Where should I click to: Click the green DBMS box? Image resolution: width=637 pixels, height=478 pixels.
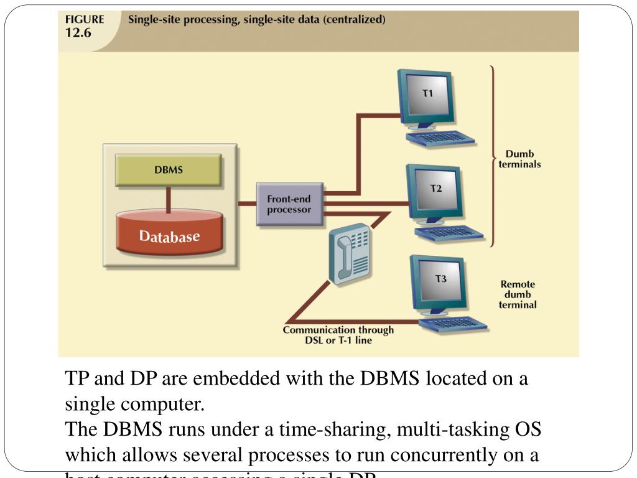[169, 169]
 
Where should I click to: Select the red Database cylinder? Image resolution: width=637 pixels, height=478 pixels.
[169, 236]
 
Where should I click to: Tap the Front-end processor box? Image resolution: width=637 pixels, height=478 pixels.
[289, 204]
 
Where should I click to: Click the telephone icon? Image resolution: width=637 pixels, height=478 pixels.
[349, 255]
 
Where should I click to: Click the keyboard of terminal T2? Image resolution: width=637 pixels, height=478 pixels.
[450, 233]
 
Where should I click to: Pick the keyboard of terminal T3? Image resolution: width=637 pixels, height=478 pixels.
[453, 324]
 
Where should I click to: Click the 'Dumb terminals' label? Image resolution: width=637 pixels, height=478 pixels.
[519, 159]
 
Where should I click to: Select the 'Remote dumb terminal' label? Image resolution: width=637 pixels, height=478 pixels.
[518, 294]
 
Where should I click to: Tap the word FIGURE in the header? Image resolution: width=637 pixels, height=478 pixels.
[85, 19]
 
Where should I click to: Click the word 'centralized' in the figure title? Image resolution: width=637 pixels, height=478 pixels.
[358, 19]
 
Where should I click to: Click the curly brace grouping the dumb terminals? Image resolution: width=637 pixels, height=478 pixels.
[492, 156]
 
